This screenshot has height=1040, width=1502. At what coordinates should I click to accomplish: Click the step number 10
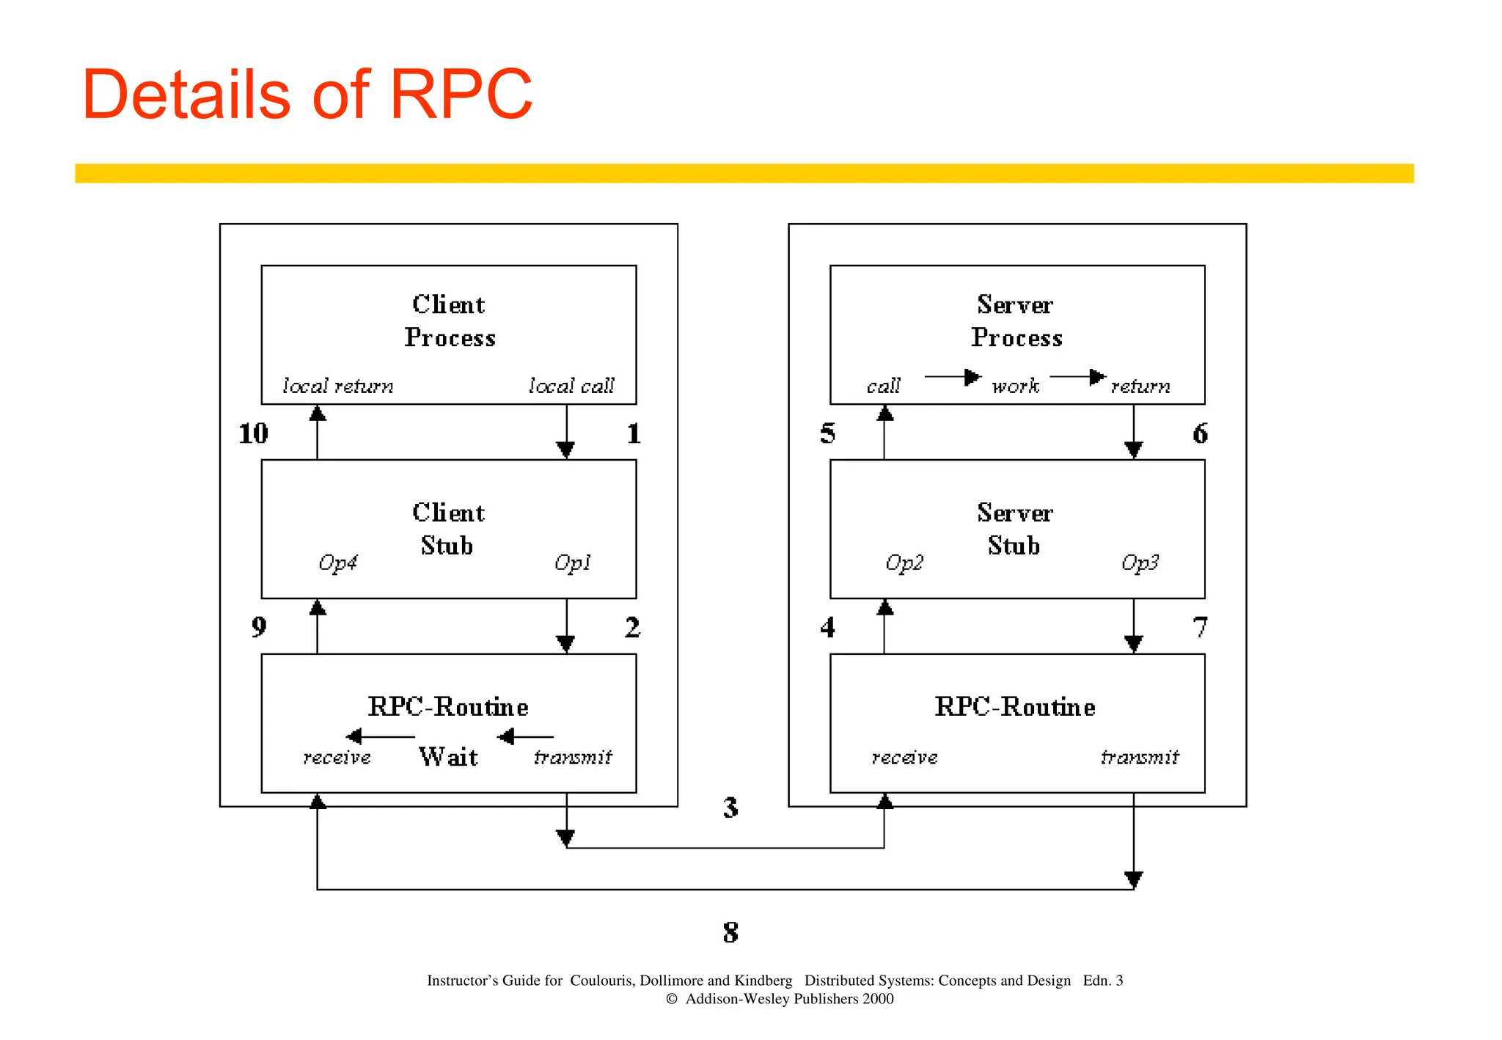(254, 433)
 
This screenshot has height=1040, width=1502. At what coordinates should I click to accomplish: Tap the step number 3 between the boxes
(730, 808)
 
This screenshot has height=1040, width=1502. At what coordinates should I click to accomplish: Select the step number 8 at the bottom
(730, 933)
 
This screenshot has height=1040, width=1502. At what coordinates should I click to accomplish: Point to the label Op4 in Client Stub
(337, 563)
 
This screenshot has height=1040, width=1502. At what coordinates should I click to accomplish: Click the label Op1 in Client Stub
(572, 563)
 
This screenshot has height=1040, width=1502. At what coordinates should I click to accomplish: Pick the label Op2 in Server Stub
(904, 563)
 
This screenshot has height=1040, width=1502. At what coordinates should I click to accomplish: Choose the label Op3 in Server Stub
(1140, 563)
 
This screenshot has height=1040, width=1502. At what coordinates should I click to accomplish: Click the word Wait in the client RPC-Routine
(448, 757)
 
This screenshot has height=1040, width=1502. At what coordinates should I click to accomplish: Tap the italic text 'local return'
(338, 386)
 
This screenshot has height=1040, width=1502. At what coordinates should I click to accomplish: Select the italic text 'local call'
(571, 386)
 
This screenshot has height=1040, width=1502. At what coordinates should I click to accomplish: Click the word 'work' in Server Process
(1016, 386)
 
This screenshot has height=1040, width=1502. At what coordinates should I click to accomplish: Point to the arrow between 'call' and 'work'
(952, 377)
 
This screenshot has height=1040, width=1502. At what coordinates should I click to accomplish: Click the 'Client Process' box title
(449, 321)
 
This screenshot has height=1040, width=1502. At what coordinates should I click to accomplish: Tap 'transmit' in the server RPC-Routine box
(1140, 757)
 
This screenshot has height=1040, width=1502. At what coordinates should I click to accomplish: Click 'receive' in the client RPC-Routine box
(337, 757)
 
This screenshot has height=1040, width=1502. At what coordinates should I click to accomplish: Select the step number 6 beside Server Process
(1200, 433)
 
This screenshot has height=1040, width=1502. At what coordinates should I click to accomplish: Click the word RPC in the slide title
(461, 95)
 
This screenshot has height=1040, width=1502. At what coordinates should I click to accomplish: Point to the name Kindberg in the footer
(763, 981)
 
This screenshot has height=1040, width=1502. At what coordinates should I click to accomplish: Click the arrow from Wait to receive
(380, 736)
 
